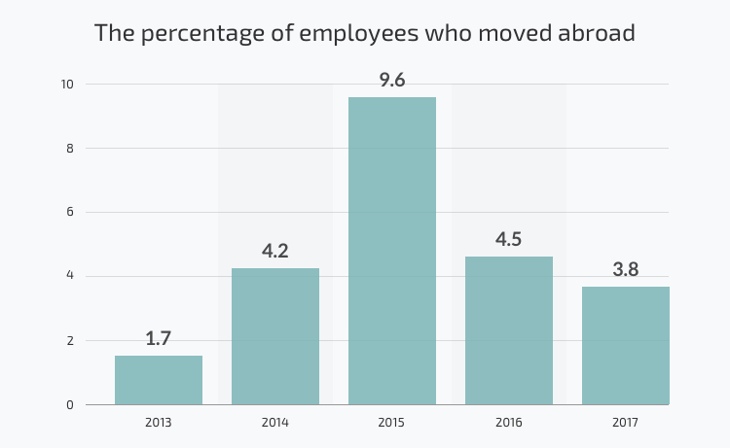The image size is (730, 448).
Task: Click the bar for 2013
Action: (159, 380)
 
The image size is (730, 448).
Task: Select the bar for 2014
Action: (275, 336)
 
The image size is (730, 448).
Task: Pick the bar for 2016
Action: (509, 330)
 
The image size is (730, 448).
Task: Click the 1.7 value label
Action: (159, 338)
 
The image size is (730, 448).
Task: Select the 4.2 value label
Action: (275, 251)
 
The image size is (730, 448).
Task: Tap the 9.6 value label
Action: (392, 80)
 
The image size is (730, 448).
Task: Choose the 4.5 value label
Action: (509, 239)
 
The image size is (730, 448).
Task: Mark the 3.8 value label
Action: (626, 269)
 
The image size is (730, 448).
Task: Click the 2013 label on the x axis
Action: (159, 423)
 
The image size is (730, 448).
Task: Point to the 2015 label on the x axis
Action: (392, 423)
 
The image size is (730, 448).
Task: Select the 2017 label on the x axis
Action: (626, 423)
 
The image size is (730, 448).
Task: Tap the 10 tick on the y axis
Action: (67, 85)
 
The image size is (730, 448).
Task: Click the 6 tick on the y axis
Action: (69, 213)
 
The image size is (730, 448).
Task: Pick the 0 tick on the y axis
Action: (69, 405)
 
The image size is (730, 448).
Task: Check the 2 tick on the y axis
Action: (69, 341)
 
